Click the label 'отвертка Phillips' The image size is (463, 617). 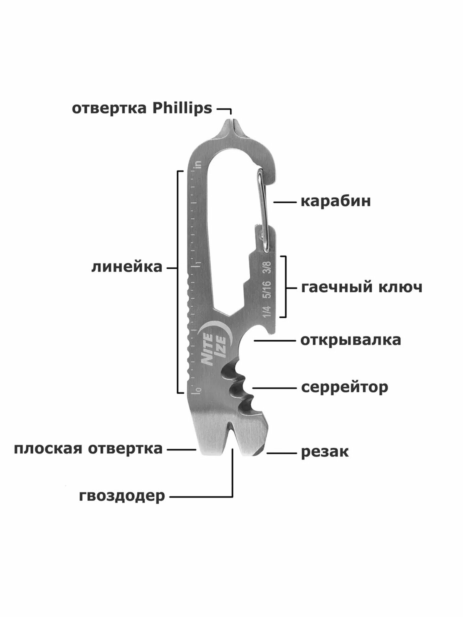coord(142,109)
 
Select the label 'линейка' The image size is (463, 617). coord(127,267)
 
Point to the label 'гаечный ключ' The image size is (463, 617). coord(361,288)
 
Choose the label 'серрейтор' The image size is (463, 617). coord(344,387)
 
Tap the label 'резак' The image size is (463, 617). coord(325,452)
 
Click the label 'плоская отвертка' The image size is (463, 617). coord(88,449)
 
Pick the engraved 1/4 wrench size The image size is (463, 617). coord(267,311)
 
